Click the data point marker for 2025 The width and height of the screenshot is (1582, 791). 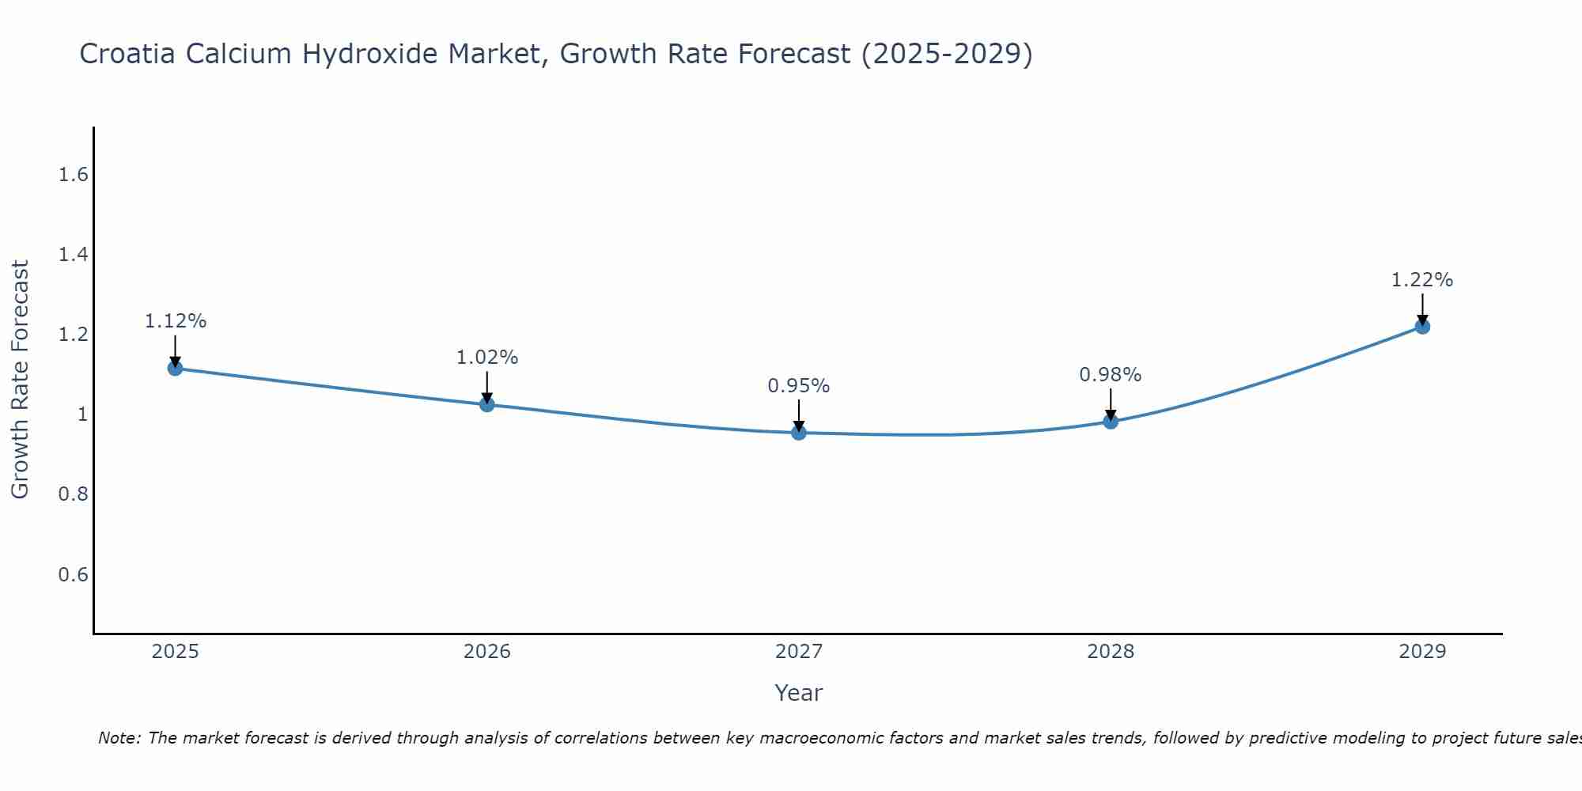[x=176, y=368]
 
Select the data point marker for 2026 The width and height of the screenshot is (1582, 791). [x=487, y=404]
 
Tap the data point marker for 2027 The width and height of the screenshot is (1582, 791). [x=799, y=433]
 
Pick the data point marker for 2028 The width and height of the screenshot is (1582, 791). [x=1111, y=421]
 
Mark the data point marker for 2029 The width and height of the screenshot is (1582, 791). [x=1422, y=326]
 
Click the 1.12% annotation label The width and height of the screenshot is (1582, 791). [x=176, y=321]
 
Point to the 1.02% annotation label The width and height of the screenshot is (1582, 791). [x=487, y=358]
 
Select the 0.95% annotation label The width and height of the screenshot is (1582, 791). [x=799, y=386]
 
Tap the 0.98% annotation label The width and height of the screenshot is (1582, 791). [x=1111, y=375]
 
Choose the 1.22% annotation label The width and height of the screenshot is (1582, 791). [x=1422, y=280]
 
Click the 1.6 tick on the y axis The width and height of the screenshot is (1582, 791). [x=73, y=175]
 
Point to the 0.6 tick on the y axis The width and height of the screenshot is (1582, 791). [x=73, y=574]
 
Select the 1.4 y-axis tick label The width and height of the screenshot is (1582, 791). [x=73, y=255]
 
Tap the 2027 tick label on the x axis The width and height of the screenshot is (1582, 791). [x=799, y=652]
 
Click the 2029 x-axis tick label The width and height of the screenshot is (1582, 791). [x=1422, y=652]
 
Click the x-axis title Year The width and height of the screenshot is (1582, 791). [x=799, y=693]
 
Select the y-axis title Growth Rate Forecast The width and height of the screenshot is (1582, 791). [x=21, y=380]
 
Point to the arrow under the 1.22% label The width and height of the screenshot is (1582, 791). [x=1422, y=308]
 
